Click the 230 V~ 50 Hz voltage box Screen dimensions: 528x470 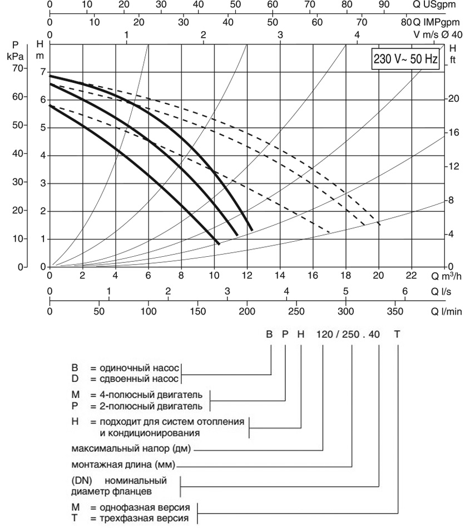coord(405,58)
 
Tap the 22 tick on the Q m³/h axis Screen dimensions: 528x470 coord(412,275)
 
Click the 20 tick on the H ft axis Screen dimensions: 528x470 coord(453,99)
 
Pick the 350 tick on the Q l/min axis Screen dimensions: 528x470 coord(394,310)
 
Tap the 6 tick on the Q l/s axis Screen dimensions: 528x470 coord(404,291)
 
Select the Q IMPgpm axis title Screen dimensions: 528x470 coord(436,23)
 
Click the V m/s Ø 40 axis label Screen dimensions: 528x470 coord(437,33)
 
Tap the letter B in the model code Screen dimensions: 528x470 coord(270,335)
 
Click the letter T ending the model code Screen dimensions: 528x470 coord(397,335)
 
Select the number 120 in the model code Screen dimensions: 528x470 coord(324,335)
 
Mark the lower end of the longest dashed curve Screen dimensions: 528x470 coord(380,225)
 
